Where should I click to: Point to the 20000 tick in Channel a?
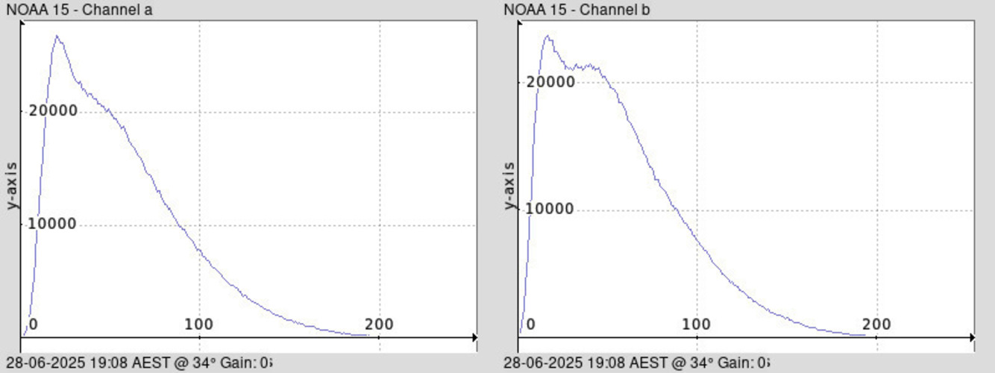(x=53, y=111)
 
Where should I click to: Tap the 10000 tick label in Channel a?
(x=53, y=224)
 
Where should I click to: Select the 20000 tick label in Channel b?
(x=550, y=81)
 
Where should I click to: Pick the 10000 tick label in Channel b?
(x=550, y=209)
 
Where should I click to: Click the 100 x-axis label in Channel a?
(x=199, y=325)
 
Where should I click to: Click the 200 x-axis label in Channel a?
(x=380, y=325)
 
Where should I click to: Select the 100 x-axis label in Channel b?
(x=697, y=325)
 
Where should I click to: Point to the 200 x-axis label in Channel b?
(x=877, y=325)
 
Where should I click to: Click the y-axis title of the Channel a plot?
(x=13, y=185)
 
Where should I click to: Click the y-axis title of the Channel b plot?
(x=510, y=185)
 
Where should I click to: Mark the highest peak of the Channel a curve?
(x=57, y=36)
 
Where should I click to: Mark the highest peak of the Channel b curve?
(x=547, y=35)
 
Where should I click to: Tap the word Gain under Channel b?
(x=737, y=363)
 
